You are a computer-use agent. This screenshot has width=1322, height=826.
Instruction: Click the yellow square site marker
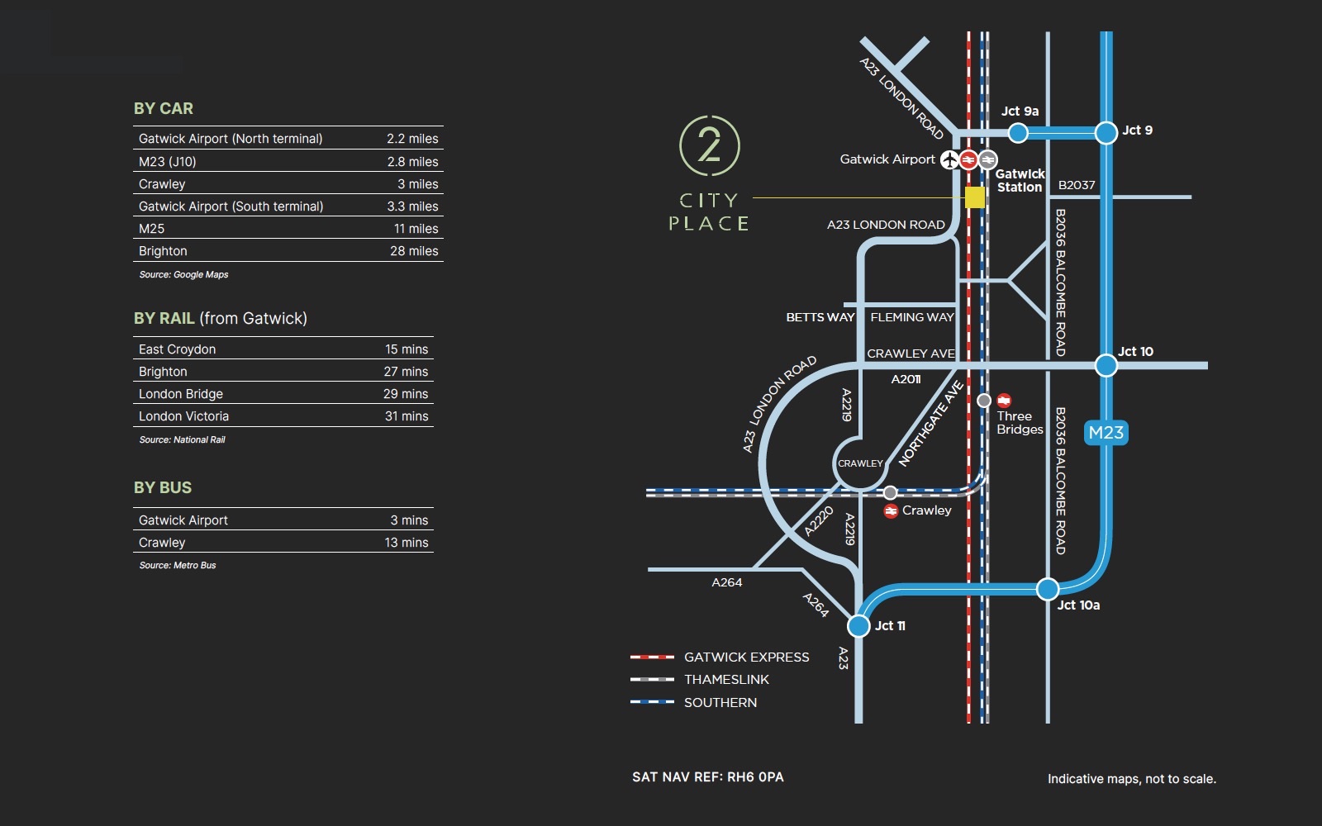[x=975, y=197]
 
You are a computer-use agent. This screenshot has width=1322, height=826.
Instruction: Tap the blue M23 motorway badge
[x=1106, y=432]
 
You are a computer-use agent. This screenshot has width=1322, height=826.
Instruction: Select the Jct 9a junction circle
[x=1018, y=132]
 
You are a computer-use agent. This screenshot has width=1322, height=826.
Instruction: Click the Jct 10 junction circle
[x=1106, y=364]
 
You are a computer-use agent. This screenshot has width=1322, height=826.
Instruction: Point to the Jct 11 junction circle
[x=859, y=625]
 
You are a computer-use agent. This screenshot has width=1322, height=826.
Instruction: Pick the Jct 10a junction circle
[x=1047, y=589]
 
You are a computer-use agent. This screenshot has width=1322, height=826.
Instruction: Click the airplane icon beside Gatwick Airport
[x=949, y=159]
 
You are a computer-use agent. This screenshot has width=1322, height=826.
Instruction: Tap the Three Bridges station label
[x=1020, y=422]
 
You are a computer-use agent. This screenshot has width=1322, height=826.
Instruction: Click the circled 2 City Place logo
[x=709, y=145]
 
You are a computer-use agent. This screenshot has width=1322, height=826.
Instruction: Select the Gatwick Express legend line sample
[x=652, y=657]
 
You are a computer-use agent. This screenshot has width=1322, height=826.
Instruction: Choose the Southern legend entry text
[x=720, y=702]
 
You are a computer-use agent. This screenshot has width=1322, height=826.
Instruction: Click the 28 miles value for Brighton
[x=414, y=251]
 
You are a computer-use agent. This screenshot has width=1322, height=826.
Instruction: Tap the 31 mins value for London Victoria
[x=407, y=416]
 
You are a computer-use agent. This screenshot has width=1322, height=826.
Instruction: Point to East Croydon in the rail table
[x=177, y=349]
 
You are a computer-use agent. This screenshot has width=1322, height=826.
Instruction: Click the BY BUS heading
[x=163, y=487]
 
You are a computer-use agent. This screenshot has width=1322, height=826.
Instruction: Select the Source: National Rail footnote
[x=182, y=439]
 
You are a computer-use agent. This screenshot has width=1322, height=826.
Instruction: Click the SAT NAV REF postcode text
[x=708, y=776]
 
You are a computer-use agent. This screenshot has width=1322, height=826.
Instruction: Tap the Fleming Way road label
[x=911, y=317]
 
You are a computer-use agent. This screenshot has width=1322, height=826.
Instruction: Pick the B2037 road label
[x=1076, y=185]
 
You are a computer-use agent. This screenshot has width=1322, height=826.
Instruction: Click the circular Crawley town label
[x=860, y=463]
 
